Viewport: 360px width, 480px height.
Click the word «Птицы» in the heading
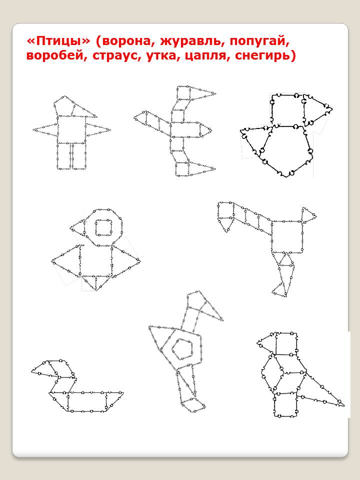click(58, 41)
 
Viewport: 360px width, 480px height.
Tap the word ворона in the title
click(125, 41)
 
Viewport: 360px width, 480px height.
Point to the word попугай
click(260, 42)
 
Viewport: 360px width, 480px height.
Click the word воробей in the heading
click(55, 56)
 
